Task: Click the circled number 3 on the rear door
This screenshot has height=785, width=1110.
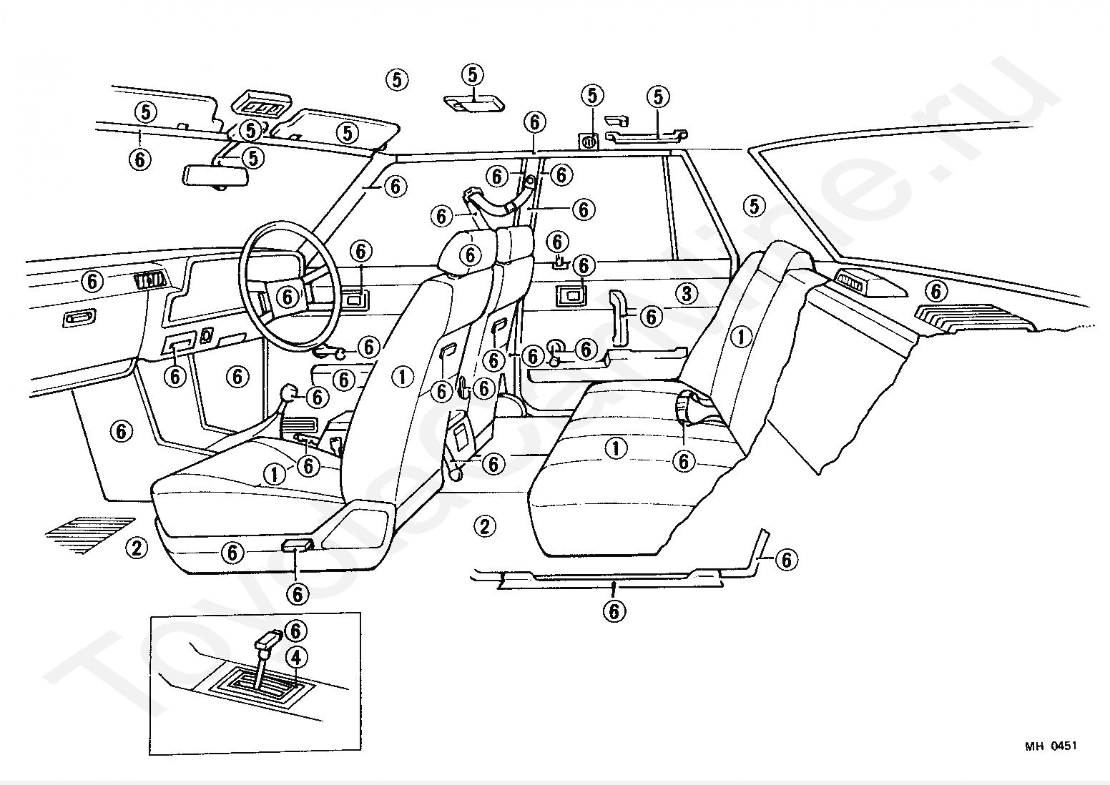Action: point(687,294)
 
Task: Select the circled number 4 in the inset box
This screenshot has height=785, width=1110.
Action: point(296,658)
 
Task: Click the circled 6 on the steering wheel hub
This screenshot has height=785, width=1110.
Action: point(288,297)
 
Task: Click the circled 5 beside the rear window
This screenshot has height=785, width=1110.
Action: point(755,206)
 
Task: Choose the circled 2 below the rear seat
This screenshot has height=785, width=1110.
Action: point(484,526)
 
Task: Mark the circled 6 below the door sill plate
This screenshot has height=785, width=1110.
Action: point(614,612)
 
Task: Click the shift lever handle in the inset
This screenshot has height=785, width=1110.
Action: point(269,640)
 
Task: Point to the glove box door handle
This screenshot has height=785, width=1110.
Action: point(79,317)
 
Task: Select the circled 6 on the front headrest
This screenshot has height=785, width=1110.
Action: point(470,255)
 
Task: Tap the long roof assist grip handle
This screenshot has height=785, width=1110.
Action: point(647,137)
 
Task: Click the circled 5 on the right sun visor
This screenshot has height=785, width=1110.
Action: point(348,133)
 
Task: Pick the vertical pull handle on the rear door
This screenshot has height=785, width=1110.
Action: point(619,317)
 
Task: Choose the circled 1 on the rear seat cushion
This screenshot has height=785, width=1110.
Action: point(616,449)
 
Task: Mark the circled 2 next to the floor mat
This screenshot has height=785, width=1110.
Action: point(137,548)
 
